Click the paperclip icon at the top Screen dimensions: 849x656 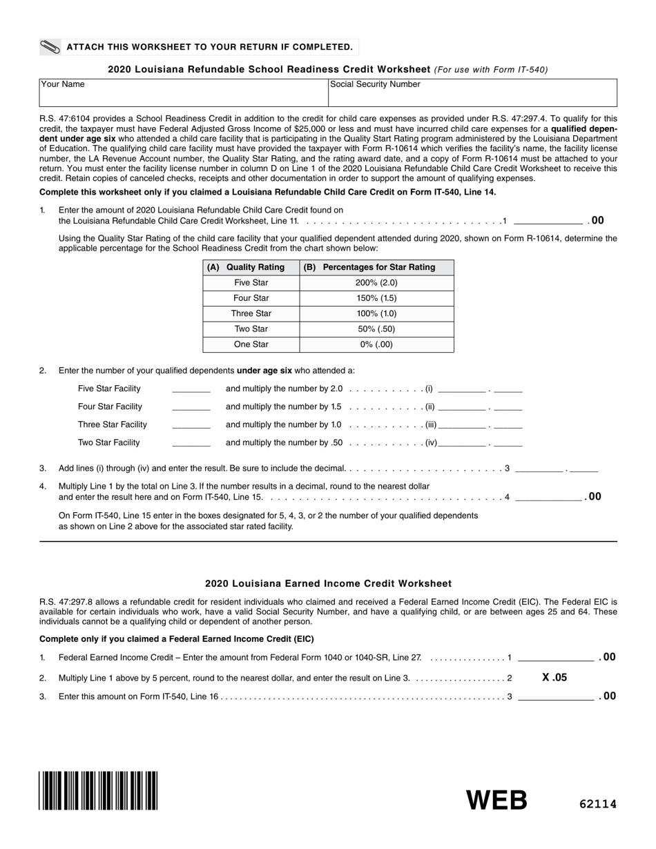pyautogui.click(x=50, y=47)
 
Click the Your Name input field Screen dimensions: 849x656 pyautogui.click(x=184, y=92)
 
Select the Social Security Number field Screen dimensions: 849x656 pyautogui.click(x=472, y=92)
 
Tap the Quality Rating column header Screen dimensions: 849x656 pyautogui.click(x=251, y=267)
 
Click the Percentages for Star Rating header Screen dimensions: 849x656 pyautogui.click(x=377, y=267)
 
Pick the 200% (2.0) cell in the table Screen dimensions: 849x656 pyautogui.click(x=377, y=283)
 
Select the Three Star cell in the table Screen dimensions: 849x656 pyautogui.click(x=251, y=313)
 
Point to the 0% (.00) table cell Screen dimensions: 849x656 pyautogui.click(x=377, y=344)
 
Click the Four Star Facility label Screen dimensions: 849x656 pyautogui.click(x=110, y=407)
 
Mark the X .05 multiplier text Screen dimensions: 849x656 pyautogui.click(x=554, y=678)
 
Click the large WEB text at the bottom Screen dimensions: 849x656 pyautogui.click(x=497, y=800)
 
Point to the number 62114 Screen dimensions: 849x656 pyautogui.click(x=597, y=803)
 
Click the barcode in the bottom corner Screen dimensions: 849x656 pyautogui.click(x=99, y=790)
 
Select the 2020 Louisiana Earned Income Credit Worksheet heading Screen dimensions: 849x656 pyautogui.click(x=328, y=583)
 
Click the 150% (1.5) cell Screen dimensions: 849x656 pyautogui.click(x=377, y=298)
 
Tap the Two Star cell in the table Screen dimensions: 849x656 pyautogui.click(x=251, y=329)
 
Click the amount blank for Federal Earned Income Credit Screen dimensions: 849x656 pyautogui.click(x=555, y=658)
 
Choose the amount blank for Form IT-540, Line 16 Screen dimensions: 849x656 pyautogui.click(x=555, y=697)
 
